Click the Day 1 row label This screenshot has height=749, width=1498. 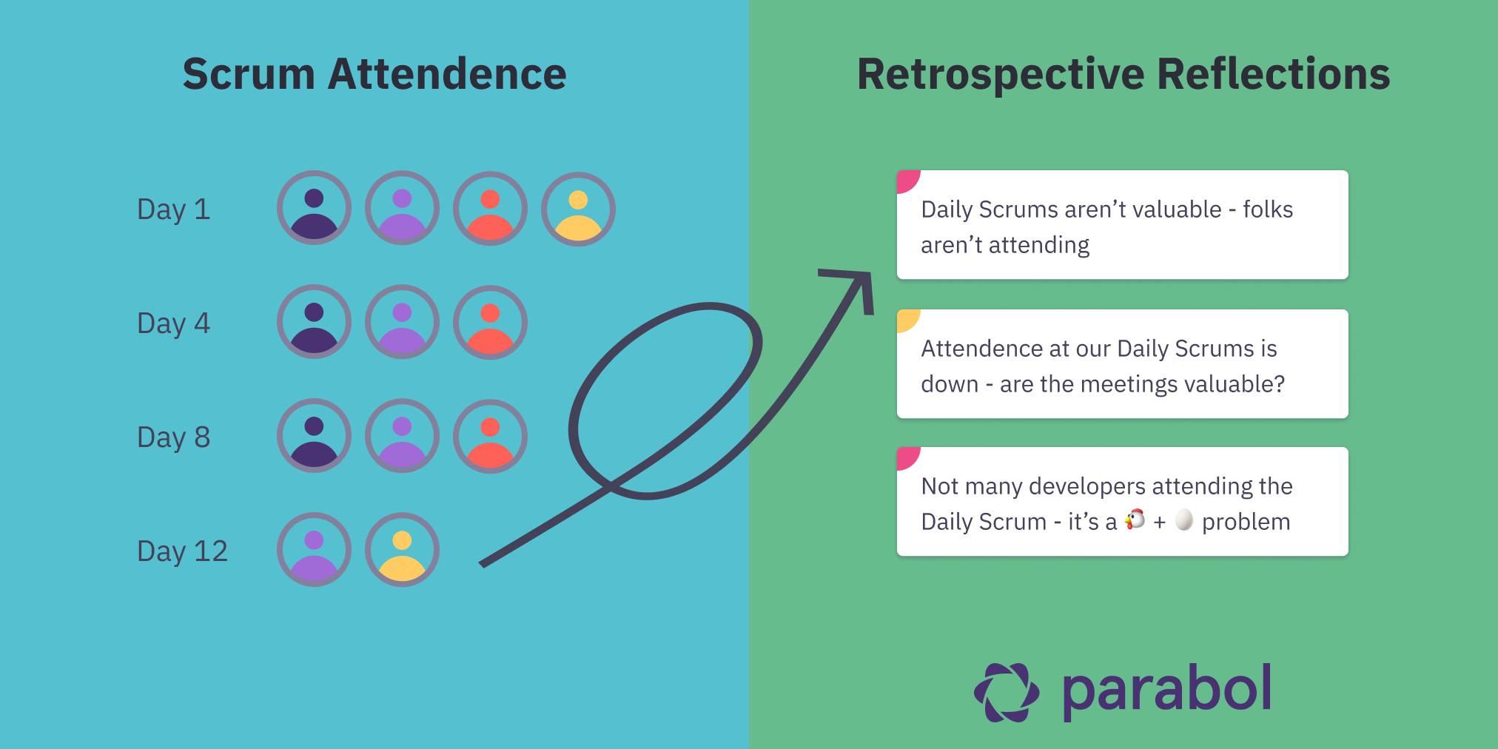click(x=173, y=209)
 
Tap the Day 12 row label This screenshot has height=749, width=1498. click(x=182, y=551)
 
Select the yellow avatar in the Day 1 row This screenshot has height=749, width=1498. click(x=578, y=209)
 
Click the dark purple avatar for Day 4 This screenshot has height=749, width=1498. click(x=314, y=322)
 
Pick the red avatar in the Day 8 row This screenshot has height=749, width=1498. click(x=490, y=436)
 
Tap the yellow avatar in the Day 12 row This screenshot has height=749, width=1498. click(x=402, y=550)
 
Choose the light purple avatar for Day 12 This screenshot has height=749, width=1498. click(x=314, y=550)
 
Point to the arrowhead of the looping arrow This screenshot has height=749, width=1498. click(x=859, y=281)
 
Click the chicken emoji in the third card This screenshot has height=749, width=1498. click(x=1135, y=520)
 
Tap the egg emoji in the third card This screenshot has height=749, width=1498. click(x=1184, y=520)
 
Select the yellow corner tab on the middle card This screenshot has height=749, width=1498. click(x=906, y=318)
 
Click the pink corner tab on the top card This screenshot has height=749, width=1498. click(x=906, y=180)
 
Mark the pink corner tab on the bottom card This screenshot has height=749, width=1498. click(x=906, y=456)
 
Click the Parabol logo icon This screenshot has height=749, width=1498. click(x=1007, y=692)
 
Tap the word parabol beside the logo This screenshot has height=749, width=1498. click(x=1166, y=690)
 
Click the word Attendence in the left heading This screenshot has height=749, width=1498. click(x=447, y=75)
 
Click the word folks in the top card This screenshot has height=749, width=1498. click(x=1268, y=209)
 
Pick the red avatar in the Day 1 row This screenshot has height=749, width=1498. click(x=490, y=209)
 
